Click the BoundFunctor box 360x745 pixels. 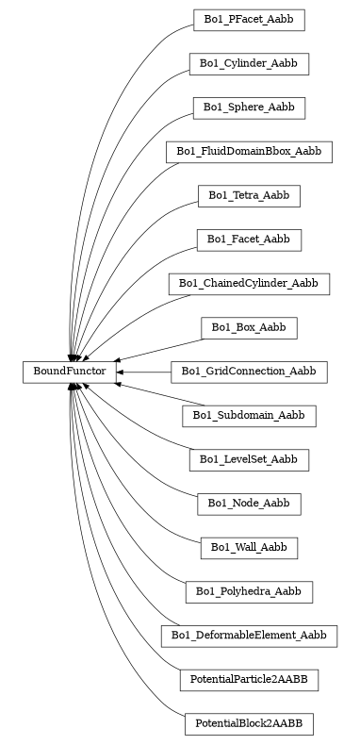click(x=70, y=372)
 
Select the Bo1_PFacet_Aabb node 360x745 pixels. click(x=249, y=19)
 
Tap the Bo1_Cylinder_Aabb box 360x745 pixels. click(x=249, y=63)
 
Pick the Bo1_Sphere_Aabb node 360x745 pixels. click(x=249, y=108)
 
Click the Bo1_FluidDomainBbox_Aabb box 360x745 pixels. click(x=249, y=151)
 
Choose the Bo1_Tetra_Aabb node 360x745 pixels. click(x=249, y=195)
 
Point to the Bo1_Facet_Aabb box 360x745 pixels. click(x=249, y=240)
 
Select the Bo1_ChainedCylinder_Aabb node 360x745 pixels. click(x=249, y=283)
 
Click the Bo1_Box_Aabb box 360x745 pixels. click(x=249, y=327)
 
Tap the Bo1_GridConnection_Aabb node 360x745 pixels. click(x=249, y=372)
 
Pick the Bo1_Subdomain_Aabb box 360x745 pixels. click(x=249, y=415)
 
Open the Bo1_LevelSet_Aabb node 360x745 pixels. click(x=249, y=459)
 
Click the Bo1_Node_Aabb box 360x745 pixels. click(x=249, y=504)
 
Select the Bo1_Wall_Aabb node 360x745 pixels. click(x=249, y=547)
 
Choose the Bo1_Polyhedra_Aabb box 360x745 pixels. click(x=249, y=591)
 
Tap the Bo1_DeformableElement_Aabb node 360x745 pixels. click(x=249, y=636)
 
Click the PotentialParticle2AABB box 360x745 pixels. click(x=249, y=679)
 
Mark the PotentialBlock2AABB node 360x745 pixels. click(x=249, y=723)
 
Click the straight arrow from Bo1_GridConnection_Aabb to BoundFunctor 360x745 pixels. click(x=146, y=372)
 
